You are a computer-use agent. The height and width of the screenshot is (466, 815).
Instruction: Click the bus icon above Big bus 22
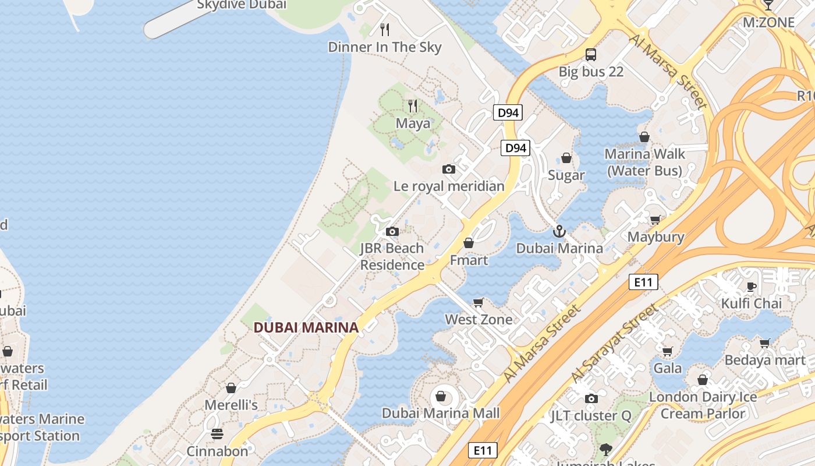point(591,55)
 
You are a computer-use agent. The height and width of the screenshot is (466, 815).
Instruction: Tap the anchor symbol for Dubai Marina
point(559,231)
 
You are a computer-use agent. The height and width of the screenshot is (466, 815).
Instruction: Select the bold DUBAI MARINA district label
point(306,327)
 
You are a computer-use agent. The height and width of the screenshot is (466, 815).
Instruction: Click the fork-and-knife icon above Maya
point(413,106)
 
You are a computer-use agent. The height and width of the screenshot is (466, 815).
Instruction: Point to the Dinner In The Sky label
point(385,47)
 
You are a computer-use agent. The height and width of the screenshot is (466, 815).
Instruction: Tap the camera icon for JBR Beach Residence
point(392,231)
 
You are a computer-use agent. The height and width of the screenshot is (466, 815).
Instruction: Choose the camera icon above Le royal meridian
point(449,169)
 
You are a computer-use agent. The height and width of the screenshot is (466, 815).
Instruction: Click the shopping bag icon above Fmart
point(469,242)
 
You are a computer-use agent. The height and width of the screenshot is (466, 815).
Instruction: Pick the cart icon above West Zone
point(479,302)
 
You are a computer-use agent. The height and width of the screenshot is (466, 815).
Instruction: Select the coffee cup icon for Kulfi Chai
point(752,286)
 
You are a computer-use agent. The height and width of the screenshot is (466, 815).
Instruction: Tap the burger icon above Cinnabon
point(217,433)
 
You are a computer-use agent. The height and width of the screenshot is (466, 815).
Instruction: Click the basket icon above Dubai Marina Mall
point(441,396)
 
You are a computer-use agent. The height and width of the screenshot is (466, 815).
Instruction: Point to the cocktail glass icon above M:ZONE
point(768,5)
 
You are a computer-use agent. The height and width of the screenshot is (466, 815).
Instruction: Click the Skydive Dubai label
point(242,5)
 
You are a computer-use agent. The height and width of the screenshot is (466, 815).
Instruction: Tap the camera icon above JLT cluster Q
point(591,398)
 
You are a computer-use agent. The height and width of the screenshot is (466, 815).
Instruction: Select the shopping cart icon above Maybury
point(655,220)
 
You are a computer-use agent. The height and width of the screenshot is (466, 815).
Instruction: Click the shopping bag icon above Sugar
point(566,158)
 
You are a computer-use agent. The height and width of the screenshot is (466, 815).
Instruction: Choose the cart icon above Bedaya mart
point(765,343)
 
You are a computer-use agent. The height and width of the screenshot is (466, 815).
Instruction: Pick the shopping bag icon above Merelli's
point(231,387)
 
